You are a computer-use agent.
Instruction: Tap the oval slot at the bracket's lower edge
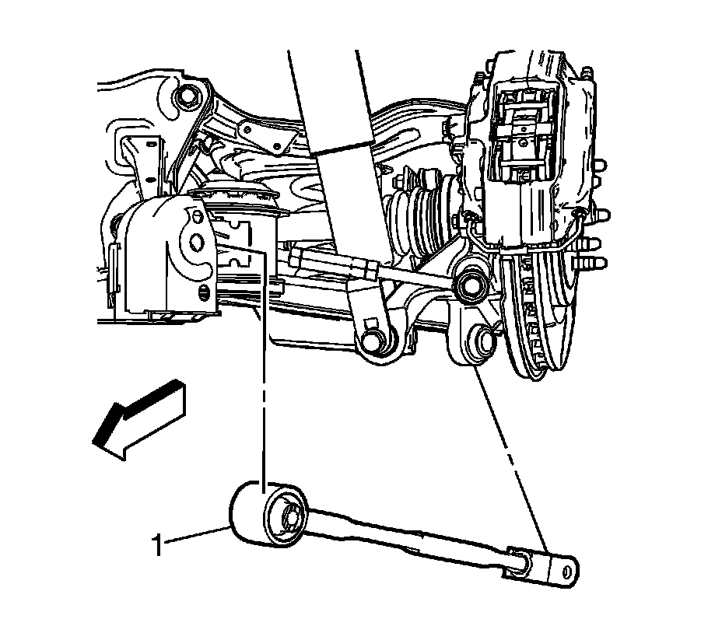(x=205, y=292)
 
